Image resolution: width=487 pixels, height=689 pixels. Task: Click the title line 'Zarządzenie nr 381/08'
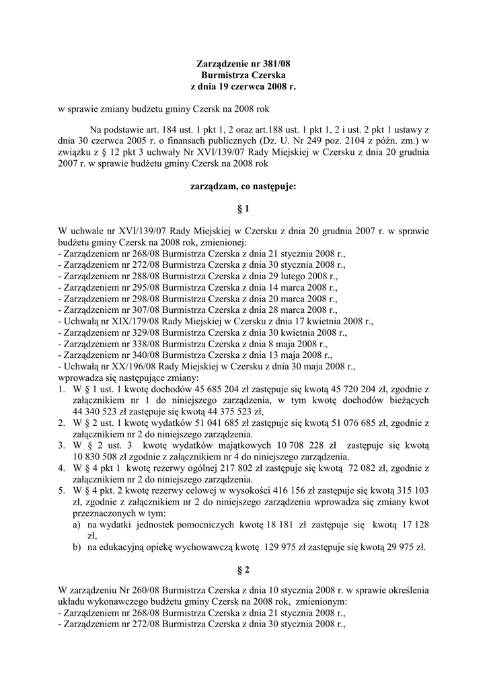click(243, 64)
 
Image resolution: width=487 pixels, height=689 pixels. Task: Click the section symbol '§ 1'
click(243, 209)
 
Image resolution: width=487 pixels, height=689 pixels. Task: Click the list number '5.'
click(61, 491)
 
